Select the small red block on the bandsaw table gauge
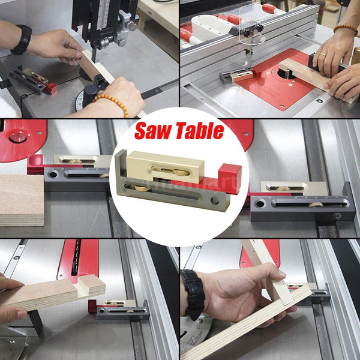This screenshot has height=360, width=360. coord(52,88)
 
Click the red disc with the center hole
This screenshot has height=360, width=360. coord(21,135)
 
